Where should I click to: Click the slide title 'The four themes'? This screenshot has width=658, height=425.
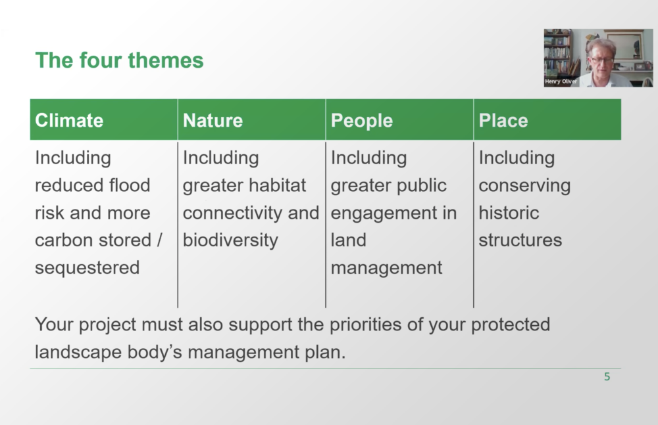[120, 60]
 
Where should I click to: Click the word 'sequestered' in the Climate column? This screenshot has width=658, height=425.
[88, 268]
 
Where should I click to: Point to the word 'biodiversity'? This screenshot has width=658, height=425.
[230, 240]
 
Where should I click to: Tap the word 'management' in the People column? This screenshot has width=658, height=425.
[386, 268]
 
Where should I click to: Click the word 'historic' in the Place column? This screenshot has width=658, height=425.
[509, 213]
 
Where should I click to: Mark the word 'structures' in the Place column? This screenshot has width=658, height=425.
[520, 240]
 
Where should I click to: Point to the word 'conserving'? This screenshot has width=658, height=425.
[524, 186]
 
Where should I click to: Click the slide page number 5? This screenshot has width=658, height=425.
[607, 377]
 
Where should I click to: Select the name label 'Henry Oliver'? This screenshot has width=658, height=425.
[561, 81]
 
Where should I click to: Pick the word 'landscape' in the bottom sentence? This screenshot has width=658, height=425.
[78, 352]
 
